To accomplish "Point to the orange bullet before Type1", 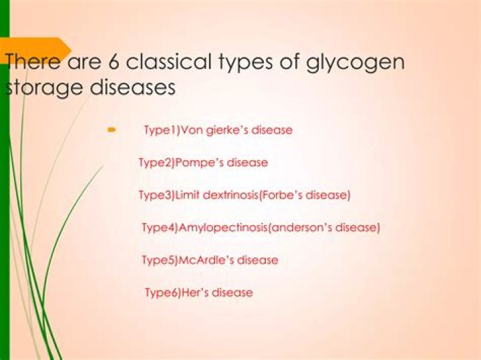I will [112, 130].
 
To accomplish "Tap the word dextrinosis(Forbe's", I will [267, 196].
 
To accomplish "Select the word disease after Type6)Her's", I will [232, 293].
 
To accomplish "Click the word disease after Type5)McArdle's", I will [258, 260].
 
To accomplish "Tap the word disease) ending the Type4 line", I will [358, 228].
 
